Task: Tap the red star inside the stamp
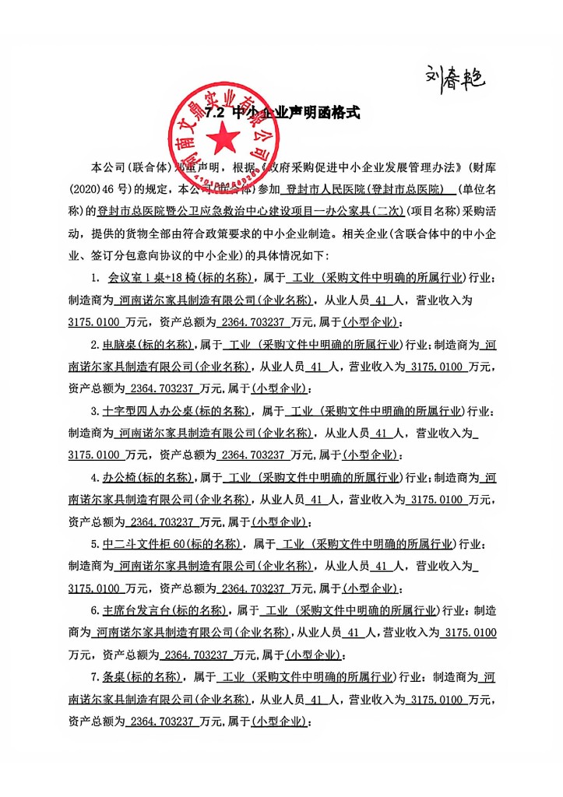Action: point(223,139)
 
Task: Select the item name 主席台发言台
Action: point(130,609)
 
